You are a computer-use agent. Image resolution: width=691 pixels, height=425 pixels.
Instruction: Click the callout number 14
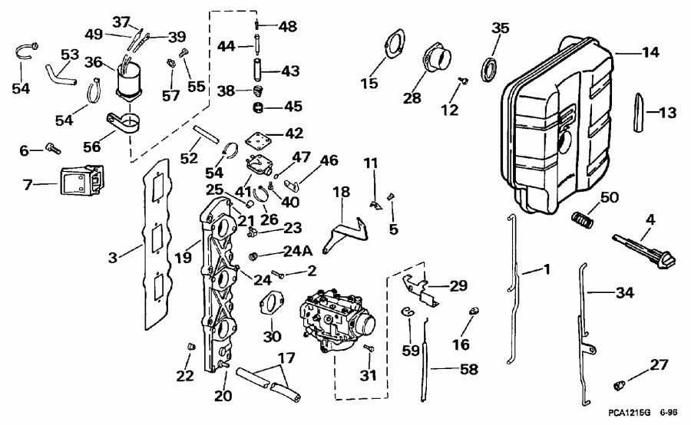point(651,54)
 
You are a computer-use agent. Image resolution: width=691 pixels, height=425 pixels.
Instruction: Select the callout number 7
point(28,184)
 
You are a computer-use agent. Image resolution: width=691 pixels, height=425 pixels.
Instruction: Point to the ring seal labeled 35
point(488,68)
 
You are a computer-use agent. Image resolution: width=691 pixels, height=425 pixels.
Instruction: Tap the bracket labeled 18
point(343,231)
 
